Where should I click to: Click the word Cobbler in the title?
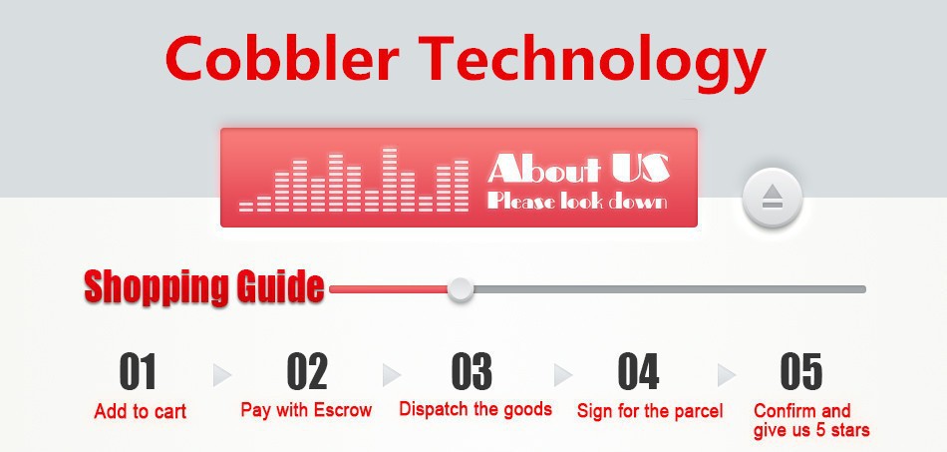click(282, 58)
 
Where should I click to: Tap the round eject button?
click(773, 198)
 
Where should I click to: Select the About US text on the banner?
click(578, 169)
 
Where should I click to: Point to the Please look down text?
click(577, 201)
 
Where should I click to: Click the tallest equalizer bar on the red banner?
click(390, 180)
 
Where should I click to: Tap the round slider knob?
click(461, 289)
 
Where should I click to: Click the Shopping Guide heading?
click(204, 287)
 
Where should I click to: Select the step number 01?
click(138, 371)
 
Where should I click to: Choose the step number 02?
click(307, 371)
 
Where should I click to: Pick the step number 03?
click(472, 371)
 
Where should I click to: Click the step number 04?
click(638, 371)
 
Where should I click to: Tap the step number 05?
click(801, 371)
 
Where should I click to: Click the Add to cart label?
click(141, 412)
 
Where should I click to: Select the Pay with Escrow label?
click(306, 410)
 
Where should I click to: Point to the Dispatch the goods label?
click(475, 409)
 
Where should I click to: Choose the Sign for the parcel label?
click(650, 412)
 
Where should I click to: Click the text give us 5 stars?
click(811, 430)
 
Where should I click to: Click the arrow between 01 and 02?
click(222, 375)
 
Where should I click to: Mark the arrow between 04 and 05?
click(727, 375)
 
